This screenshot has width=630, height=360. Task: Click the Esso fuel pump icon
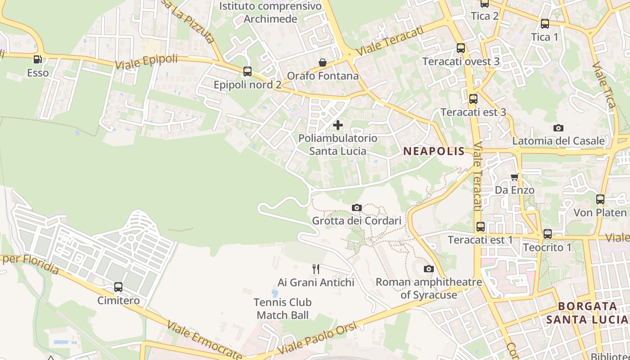point(38,59)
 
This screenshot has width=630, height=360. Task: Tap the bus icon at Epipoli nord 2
point(247,72)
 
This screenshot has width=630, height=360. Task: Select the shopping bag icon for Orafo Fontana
point(323,63)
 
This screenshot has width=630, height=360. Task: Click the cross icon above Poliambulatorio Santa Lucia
point(338,125)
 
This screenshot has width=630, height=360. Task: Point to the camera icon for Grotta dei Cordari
point(357,207)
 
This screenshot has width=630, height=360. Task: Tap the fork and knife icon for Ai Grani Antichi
point(316,269)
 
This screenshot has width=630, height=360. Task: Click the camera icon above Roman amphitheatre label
point(429,269)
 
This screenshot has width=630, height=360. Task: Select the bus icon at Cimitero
point(118,287)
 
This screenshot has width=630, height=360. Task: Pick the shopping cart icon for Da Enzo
point(515,177)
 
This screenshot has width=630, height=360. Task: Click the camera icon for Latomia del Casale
point(558,128)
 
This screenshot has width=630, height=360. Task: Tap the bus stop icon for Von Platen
point(600,199)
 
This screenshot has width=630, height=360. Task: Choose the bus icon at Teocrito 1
point(548,234)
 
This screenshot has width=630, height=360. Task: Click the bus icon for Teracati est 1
point(481,227)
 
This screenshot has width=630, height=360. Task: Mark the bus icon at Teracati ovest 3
point(461,48)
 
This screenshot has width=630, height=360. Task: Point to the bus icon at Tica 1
point(545,24)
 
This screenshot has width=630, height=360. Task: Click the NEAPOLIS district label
point(434,151)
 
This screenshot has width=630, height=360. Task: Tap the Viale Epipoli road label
point(146,62)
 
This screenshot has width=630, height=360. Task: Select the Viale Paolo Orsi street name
point(318,338)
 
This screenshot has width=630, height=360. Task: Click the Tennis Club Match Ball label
point(283,309)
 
